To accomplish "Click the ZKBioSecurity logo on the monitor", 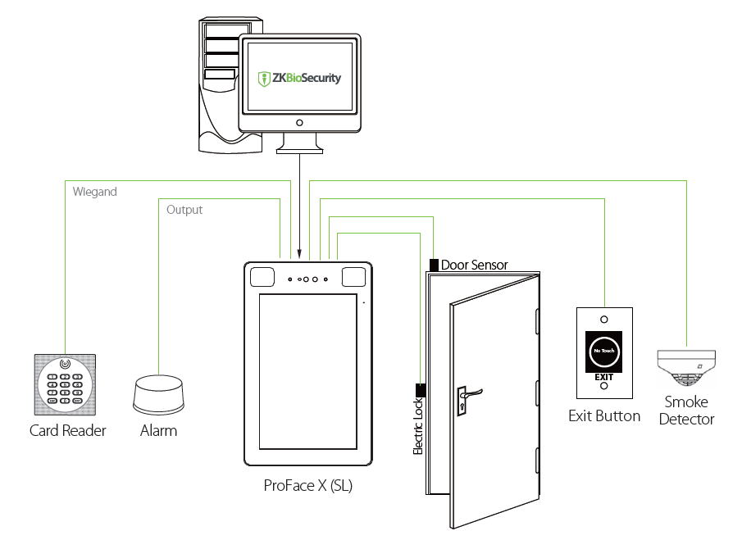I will [x=299, y=79].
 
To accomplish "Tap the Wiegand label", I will [x=95, y=192].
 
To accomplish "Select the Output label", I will [x=184, y=210].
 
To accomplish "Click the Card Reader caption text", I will [x=68, y=430].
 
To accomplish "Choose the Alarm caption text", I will [x=158, y=430].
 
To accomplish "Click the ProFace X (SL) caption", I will [x=308, y=485].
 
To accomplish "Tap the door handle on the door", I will [x=469, y=396].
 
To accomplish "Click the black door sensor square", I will [x=434, y=265].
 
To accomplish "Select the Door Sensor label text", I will [x=474, y=265].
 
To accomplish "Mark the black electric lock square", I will [x=421, y=388].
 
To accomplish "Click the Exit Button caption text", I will [x=604, y=416].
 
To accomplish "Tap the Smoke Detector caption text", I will [x=687, y=411].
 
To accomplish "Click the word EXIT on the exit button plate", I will [x=603, y=376].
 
